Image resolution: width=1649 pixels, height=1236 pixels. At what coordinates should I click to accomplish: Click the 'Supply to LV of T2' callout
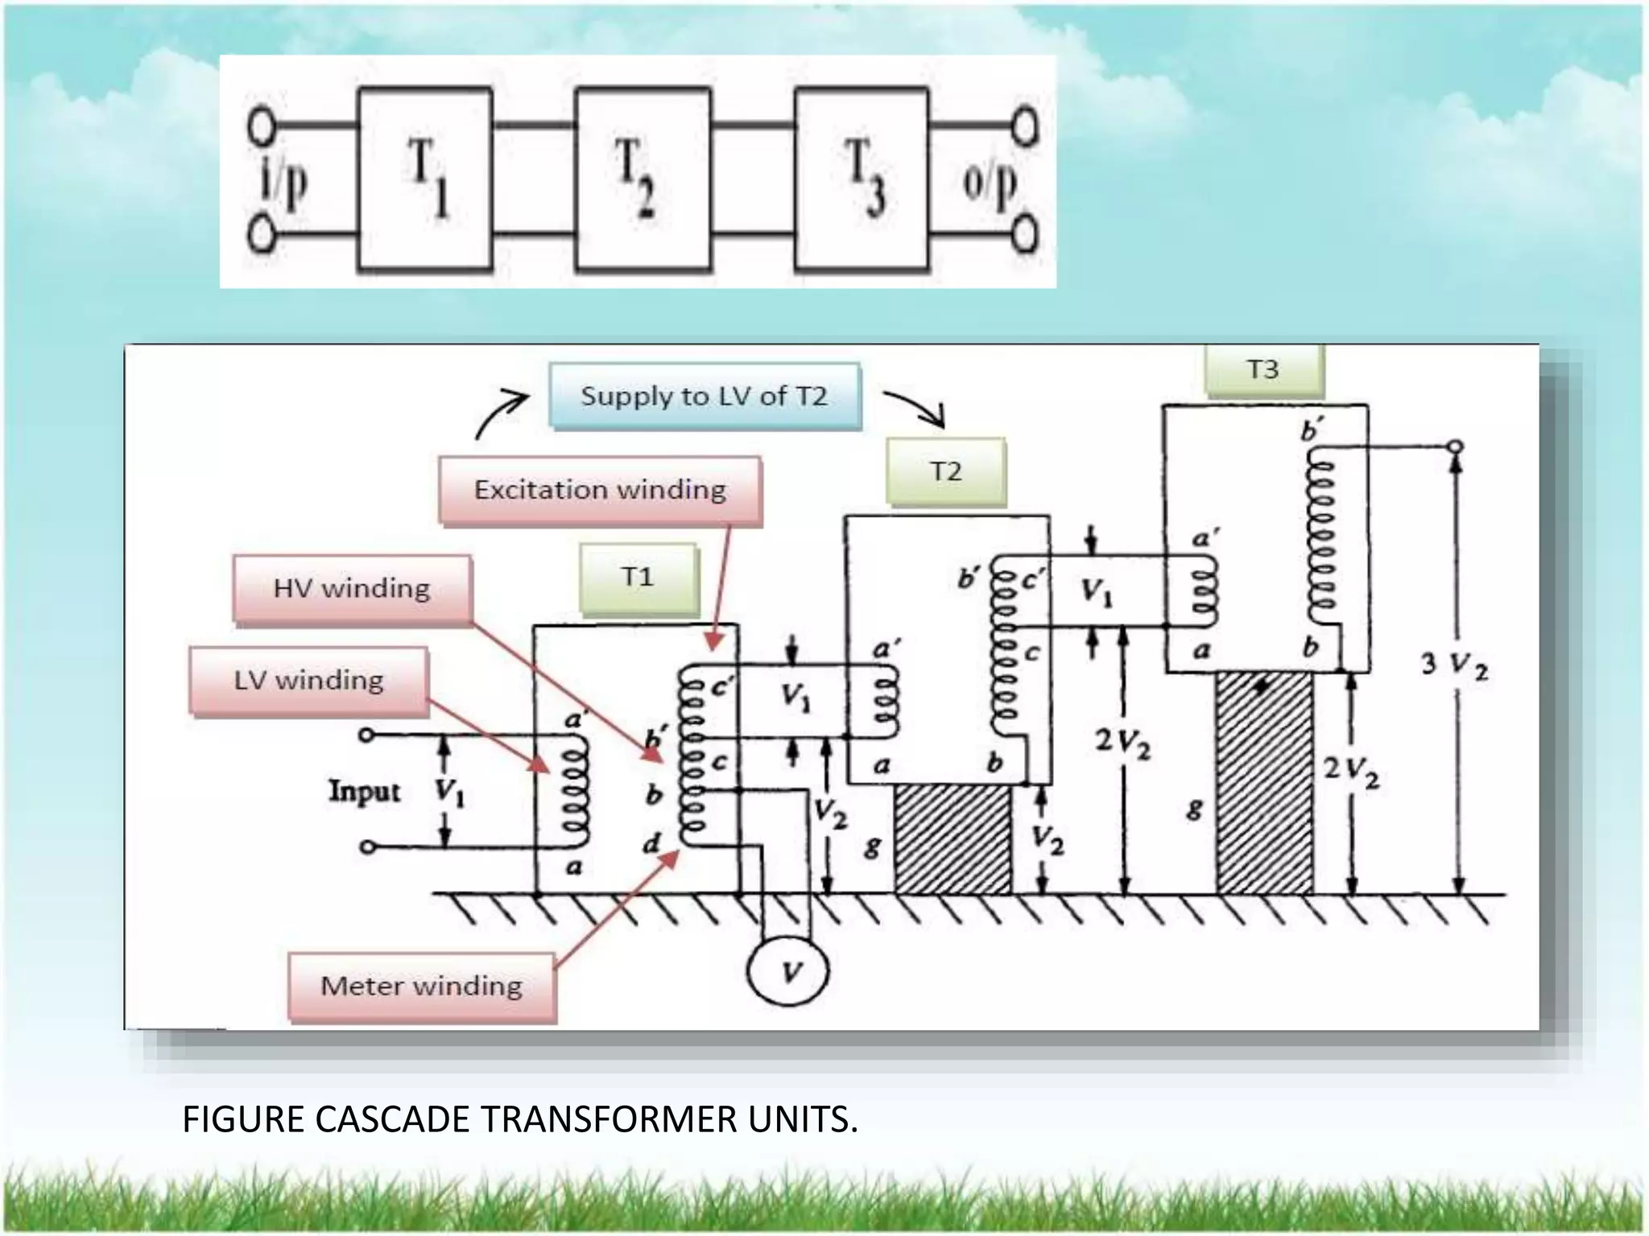pyautogui.click(x=705, y=396)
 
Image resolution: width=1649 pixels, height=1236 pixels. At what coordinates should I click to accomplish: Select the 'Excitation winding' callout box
pyautogui.click(x=600, y=490)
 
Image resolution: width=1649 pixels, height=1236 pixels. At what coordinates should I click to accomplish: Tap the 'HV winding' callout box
pyautogui.click(x=352, y=589)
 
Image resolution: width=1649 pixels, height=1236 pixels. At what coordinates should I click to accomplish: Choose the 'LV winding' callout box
pyautogui.click(x=308, y=681)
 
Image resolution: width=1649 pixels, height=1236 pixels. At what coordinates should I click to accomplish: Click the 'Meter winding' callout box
pyautogui.click(x=422, y=987)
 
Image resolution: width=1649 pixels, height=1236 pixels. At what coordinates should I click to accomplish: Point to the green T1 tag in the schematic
pyautogui.click(x=638, y=578)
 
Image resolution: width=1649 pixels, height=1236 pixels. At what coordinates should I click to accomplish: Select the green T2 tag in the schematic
pyautogui.click(x=946, y=472)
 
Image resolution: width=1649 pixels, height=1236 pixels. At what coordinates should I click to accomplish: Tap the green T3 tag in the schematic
pyautogui.click(x=1263, y=370)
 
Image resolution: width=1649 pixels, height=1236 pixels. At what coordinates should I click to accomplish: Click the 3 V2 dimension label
pyautogui.click(x=1454, y=665)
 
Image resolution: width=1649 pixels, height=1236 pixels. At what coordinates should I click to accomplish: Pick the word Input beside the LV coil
pyautogui.click(x=364, y=792)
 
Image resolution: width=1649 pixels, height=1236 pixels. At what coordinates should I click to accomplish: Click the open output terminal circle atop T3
pyautogui.click(x=1455, y=447)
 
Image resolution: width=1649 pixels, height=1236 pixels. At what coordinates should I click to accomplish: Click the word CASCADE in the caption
pyautogui.click(x=392, y=1119)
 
